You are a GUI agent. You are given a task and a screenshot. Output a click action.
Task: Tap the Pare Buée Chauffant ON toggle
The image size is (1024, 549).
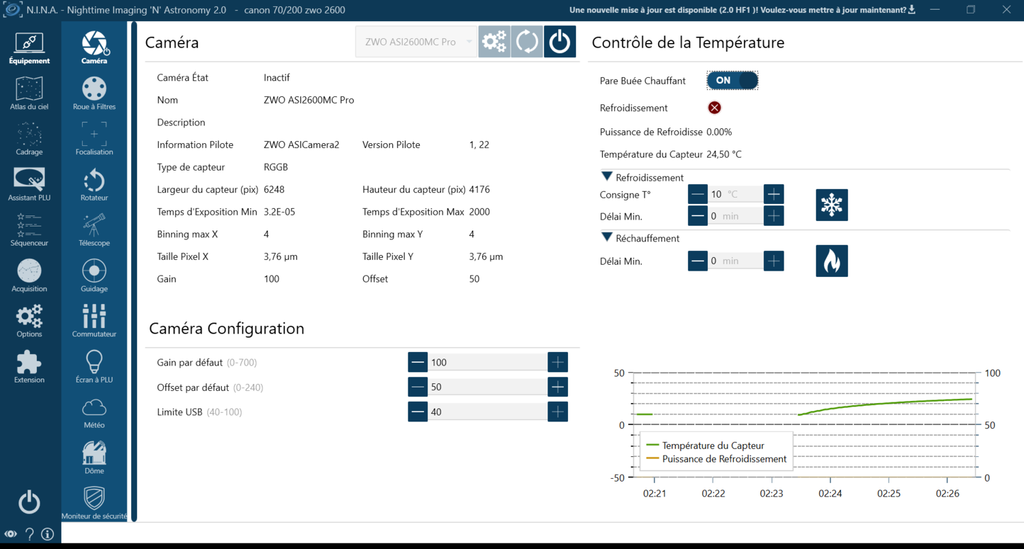pos(732,80)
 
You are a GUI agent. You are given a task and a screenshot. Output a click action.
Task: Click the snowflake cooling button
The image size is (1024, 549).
pos(831,205)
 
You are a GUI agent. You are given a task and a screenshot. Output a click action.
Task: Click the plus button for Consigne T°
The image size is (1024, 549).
pos(773,194)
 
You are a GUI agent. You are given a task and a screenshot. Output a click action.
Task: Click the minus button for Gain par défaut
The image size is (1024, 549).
pos(418,362)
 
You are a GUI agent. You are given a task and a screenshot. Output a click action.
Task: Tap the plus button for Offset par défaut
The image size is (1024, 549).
pos(558,387)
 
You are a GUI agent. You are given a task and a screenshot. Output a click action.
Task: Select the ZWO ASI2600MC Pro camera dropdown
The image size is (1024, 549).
pos(416,42)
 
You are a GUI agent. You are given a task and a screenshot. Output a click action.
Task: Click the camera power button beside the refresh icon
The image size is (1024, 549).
pos(560,42)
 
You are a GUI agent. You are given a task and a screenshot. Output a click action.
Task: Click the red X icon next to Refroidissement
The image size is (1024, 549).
pos(714,108)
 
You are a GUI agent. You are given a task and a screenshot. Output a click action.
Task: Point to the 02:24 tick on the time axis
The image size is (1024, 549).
pos(830,492)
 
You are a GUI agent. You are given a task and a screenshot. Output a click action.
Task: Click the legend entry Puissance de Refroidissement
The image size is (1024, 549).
pos(724,459)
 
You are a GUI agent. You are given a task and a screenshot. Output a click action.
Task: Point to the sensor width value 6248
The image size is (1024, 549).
pos(274,190)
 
